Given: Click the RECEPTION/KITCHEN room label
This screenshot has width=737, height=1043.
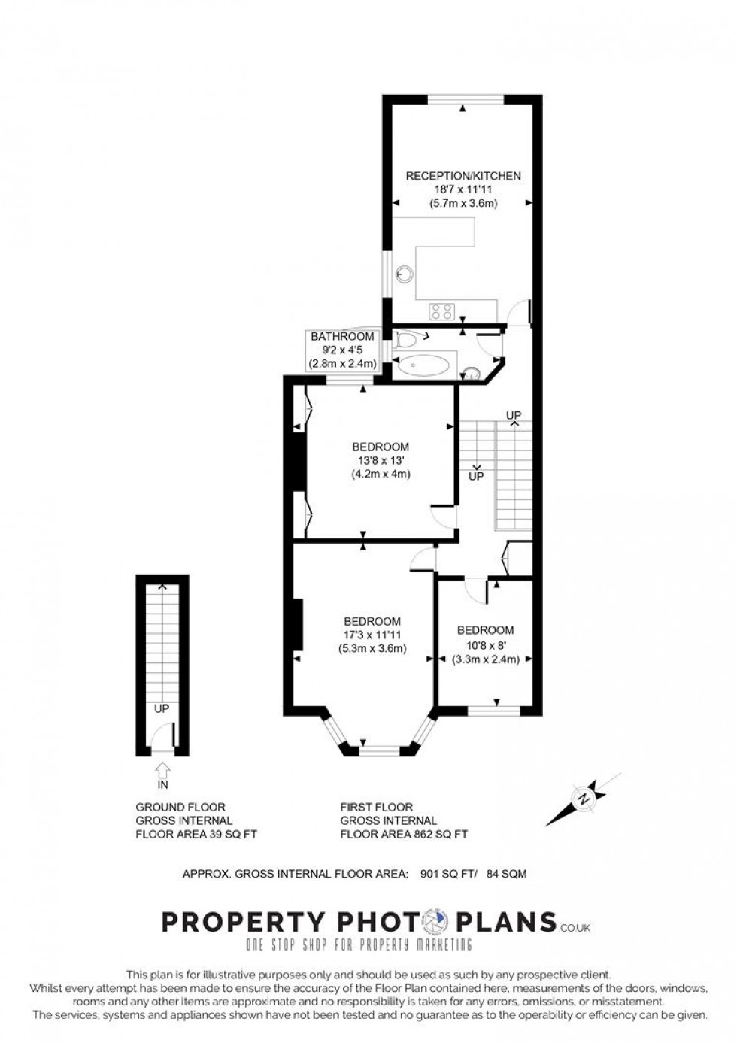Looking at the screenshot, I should pos(463,176).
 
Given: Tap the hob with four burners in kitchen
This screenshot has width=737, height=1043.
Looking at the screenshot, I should pos(441,311).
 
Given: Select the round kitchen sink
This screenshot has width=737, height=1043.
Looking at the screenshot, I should pos(406,274).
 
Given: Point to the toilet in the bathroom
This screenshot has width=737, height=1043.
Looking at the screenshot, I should pos(405,340).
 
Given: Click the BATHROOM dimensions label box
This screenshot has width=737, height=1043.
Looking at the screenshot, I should pos(342,350).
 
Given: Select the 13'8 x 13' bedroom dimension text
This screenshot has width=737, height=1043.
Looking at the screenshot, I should pos(380,461).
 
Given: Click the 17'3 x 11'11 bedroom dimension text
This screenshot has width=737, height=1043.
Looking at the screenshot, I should pos(372,635).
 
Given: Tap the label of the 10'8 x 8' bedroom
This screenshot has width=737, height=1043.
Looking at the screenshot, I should pos(485,630).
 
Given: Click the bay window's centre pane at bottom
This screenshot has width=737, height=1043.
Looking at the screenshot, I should pos(379,750).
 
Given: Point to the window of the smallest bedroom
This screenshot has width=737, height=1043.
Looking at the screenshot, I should pos(493,709).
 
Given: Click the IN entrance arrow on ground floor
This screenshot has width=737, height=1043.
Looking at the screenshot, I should pos(162,771).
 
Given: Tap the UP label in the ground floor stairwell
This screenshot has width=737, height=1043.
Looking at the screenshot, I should pos(162,708).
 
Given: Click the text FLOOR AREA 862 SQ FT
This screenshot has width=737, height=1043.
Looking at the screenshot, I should pos(404,834).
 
